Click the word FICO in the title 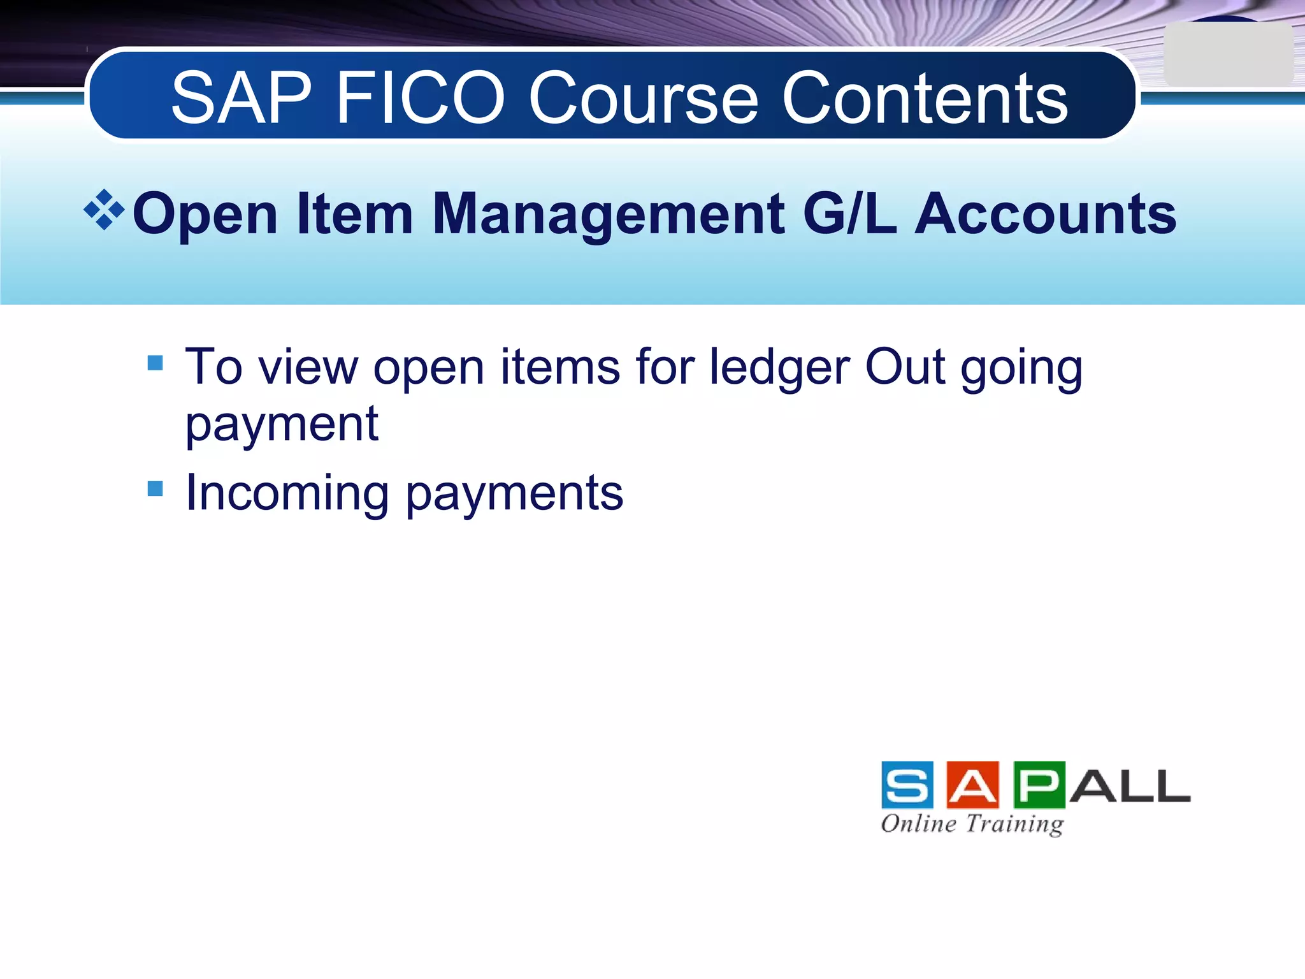pos(420,98)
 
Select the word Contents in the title pos(924,98)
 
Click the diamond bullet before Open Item pos(104,210)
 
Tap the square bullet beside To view pos(155,363)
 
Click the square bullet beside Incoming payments pos(155,488)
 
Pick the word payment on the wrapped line pos(282,425)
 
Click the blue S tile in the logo pos(907,785)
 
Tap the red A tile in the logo pos(972,785)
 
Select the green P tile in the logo pos(1039,785)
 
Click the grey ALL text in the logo pos(1129,786)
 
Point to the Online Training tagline pos(972,824)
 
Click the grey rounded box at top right pos(1227,54)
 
